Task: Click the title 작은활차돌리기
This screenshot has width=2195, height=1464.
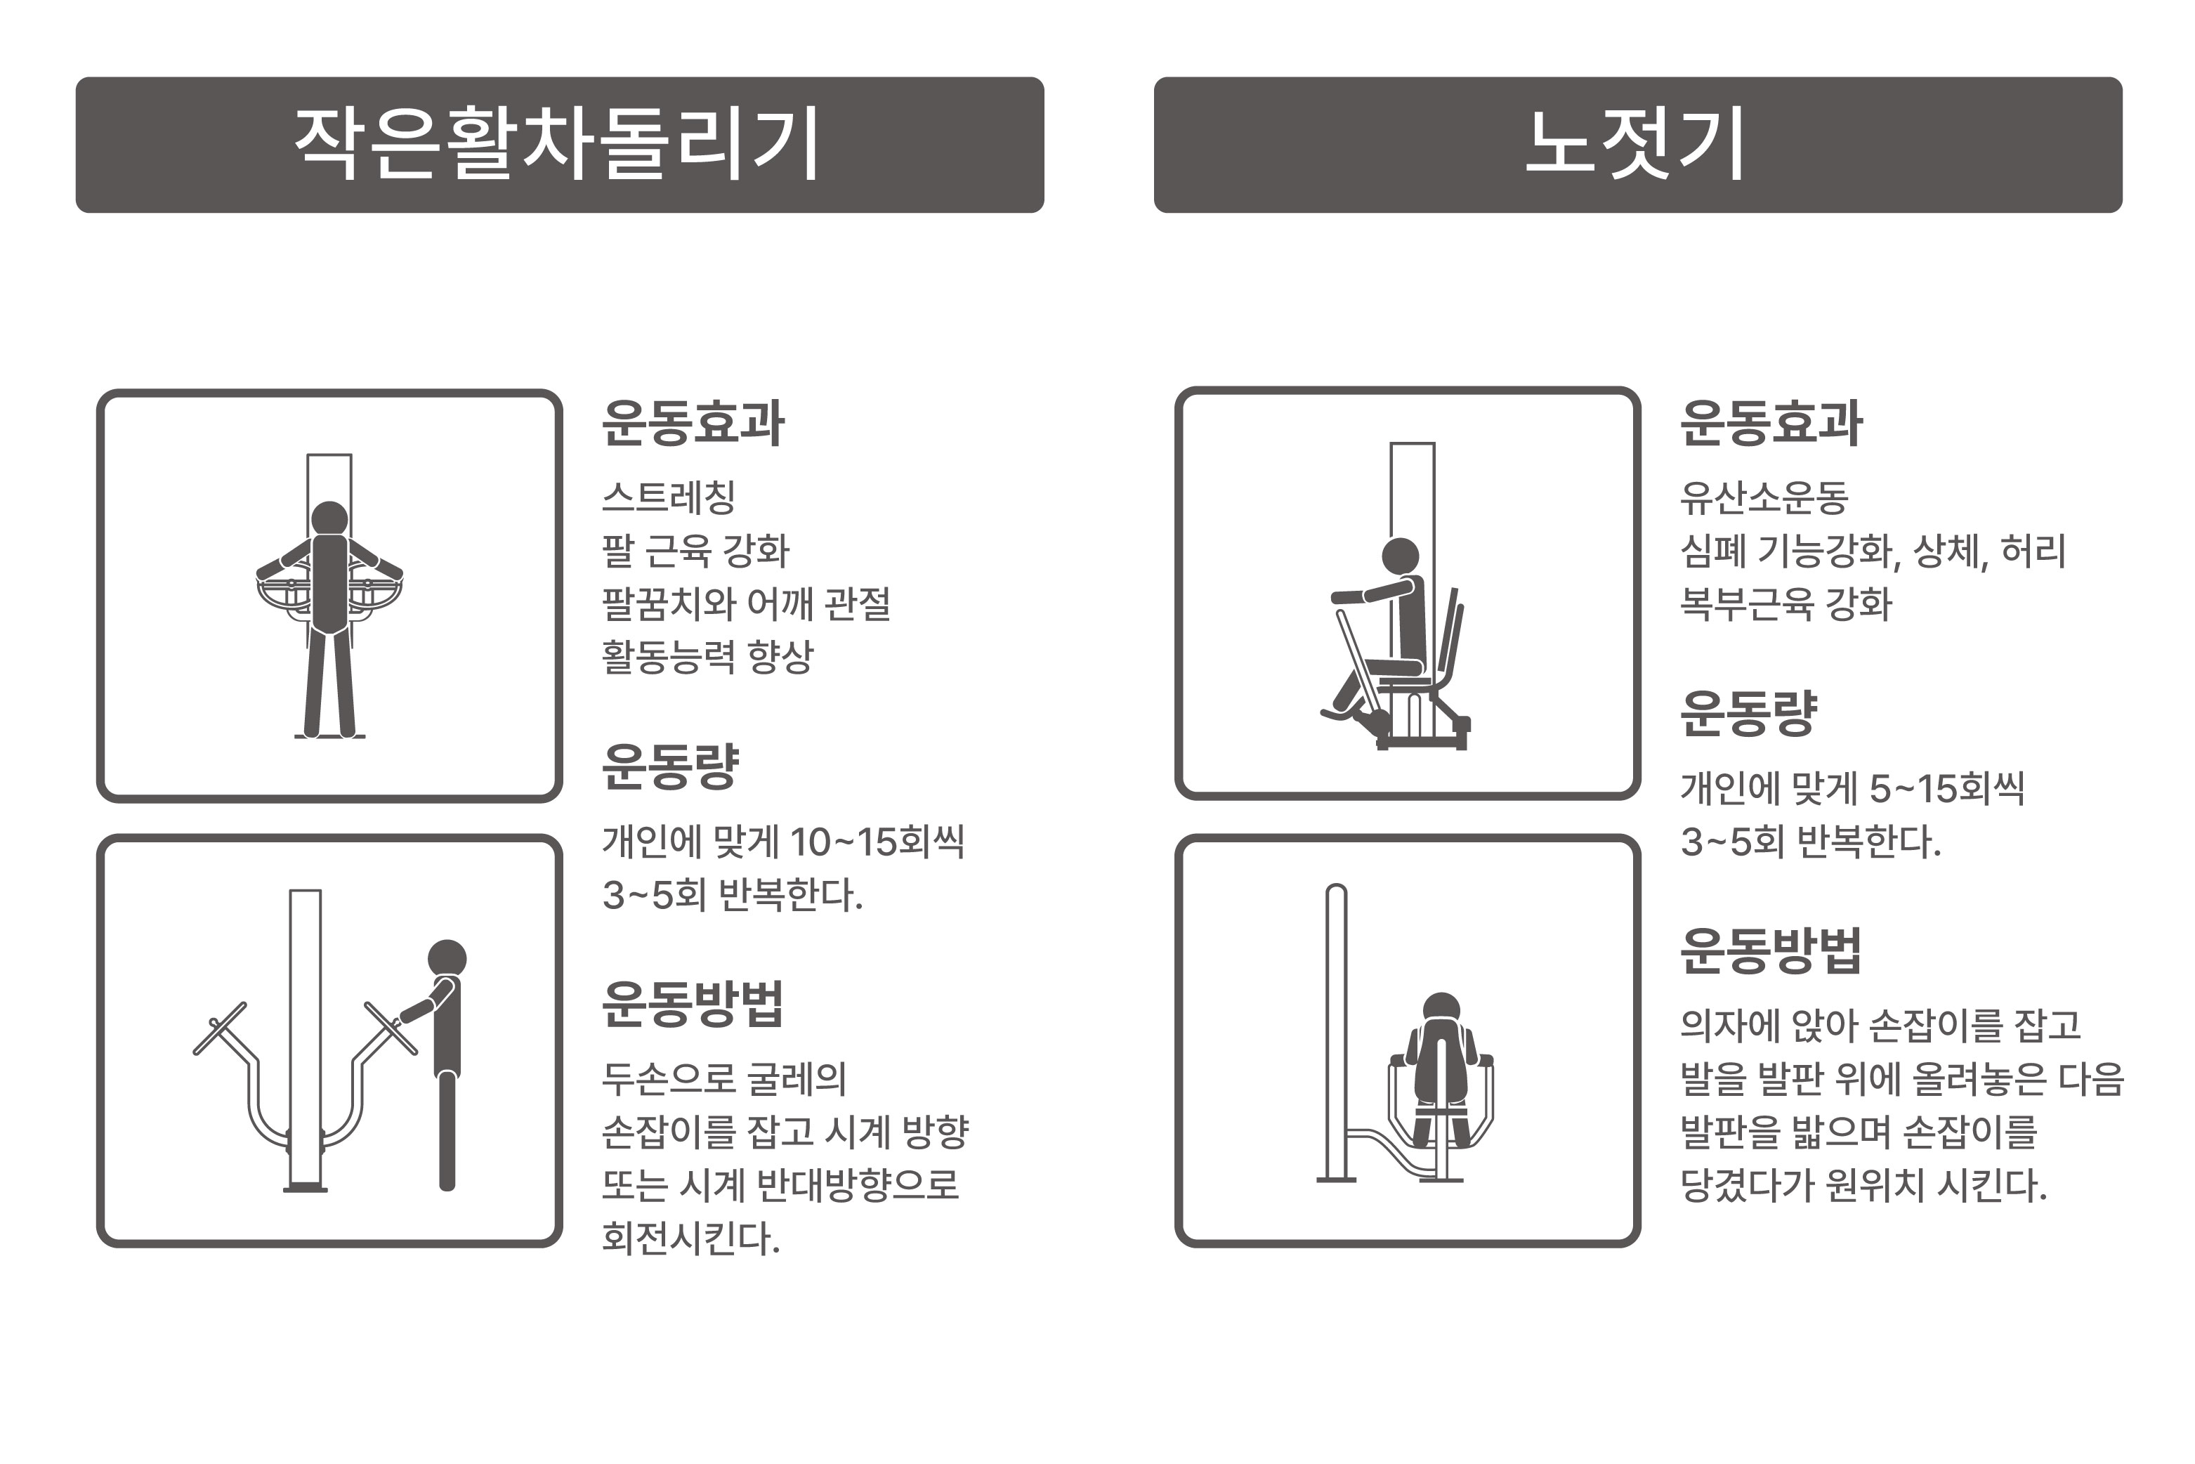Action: pyautogui.click(x=558, y=144)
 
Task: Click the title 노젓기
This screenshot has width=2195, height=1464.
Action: pyautogui.click(x=1636, y=144)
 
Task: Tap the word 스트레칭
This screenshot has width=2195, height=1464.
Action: pyautogui.click(x=669, y=497)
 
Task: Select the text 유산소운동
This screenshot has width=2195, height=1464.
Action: pyautogui.click(x=1764, y=497)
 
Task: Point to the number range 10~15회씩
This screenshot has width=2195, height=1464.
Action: pyautogui.click(x=877, y=842)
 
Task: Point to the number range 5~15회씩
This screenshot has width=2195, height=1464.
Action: pyautogui.click(x=1946, y=789)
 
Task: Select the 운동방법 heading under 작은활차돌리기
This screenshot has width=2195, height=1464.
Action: pyautogui.click(x=692, y=1005)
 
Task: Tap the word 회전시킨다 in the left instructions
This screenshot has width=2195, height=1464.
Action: pyautogui.click(x=690, y=1239)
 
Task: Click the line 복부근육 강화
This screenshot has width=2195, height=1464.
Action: pyautogui.click(x=1785, y=604)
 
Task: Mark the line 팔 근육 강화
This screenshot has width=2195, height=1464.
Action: pyautogui.click(x=695, y=551)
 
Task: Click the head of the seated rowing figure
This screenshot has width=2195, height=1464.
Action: pyautogui.click(x=1400, y=556)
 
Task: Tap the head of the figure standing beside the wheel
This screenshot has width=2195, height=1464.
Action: pyautogui.click(x=447, y=959)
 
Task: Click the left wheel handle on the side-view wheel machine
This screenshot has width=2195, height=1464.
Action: pyautogui.click(x=221, y=1029)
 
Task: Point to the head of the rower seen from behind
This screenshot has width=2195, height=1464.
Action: pyautogui.click(x=1441, y=1010)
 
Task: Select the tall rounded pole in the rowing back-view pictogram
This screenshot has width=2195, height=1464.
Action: pyautogui.click(x=1336, y=1027)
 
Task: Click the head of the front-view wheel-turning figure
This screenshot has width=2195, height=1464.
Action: pyautogui.click(x=329, y=519)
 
